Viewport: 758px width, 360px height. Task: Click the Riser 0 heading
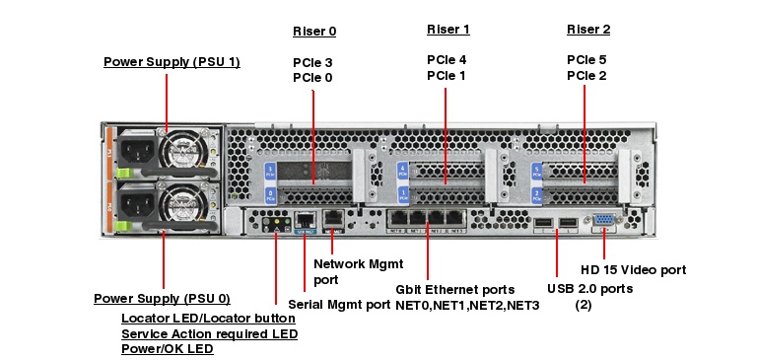(x=314, y=30)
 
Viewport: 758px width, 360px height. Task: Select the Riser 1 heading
(x=448, y=30)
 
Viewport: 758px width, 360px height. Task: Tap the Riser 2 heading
(x=588, y=30)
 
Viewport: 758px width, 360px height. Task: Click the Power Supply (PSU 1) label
(x=172, y=62)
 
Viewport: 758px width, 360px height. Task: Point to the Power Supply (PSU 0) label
(x=162, y=298)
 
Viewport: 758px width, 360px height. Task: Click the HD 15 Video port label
(x=633, y=269)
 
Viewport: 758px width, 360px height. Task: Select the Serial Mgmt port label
(x=339, y=305)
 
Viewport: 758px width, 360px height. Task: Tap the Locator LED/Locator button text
(x=208, y=319)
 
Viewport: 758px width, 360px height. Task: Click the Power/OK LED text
(x=167, y=348)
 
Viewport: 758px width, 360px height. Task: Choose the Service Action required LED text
(x=209, y=333)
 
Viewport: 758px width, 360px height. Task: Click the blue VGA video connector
(x=606, y=224)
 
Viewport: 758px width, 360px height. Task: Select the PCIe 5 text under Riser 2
(x=586, y=60)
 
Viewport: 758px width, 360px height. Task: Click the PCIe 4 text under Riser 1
(x=447, y=60)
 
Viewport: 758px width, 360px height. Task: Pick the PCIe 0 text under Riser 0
(x=312, y=77)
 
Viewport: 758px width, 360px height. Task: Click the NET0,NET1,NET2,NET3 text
(x=467, y=306)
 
